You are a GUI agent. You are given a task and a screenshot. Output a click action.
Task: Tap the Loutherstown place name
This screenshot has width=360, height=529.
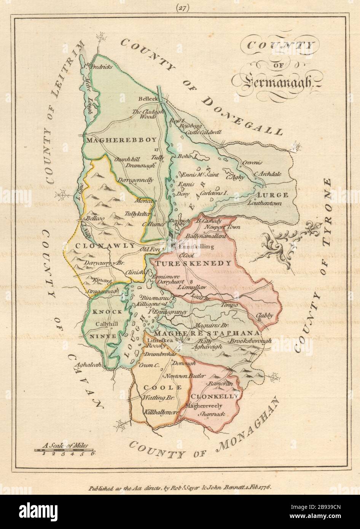pyautogui.click(x=264, y=203)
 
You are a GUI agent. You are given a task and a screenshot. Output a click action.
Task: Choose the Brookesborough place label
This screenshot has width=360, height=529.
pyautogui.click(x=250, y=341)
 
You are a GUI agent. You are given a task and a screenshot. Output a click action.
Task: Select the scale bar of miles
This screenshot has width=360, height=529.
pyautogui.click(x=65, y=450)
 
